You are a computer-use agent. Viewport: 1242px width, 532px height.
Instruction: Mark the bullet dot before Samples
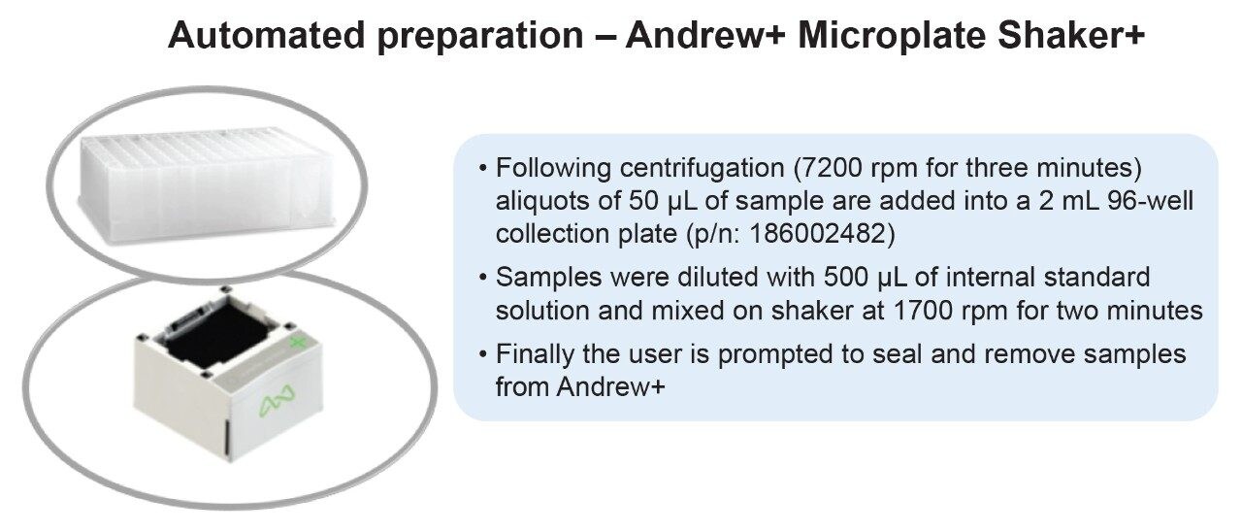click(484, 278)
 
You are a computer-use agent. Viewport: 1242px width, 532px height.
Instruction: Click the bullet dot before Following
click(484, 168)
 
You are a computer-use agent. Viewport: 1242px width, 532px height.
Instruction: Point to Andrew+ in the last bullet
click(610, 386)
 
